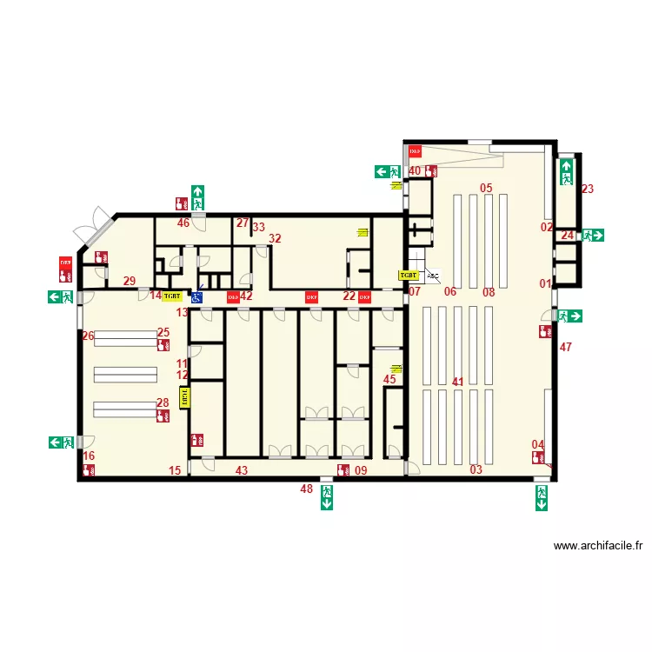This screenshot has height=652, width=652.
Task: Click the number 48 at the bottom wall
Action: tap(306, 489)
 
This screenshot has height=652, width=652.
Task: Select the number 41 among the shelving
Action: tap(458, 381)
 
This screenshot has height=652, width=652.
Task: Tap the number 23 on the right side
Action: tap(588, 189)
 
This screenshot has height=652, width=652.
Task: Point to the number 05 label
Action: tap(486, 189)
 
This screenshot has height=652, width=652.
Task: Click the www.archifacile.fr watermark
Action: tap(598, 547)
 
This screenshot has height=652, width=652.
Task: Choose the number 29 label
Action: tap(129, 281)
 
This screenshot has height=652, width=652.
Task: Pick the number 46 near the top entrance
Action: tap(183, 223)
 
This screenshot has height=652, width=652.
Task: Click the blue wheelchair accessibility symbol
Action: tap(197, 296)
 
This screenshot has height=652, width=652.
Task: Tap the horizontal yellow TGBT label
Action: tap(173, 296)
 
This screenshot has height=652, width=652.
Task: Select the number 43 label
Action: tap(242, 470)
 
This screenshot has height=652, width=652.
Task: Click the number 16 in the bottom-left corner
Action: tap(89, 456)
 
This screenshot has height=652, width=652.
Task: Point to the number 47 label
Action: tap(566, 348)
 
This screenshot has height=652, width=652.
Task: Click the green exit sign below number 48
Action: tap(327, 497)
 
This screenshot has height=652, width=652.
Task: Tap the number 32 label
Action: tap(275, 239)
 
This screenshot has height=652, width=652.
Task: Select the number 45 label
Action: tap(389, 379)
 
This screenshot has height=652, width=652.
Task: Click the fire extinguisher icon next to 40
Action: tap(431, 171)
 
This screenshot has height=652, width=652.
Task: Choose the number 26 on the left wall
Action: tap(88, 336)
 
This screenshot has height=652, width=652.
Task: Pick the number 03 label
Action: tap(476, 470)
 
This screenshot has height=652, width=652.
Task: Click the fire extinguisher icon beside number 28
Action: tap(163, 416)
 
